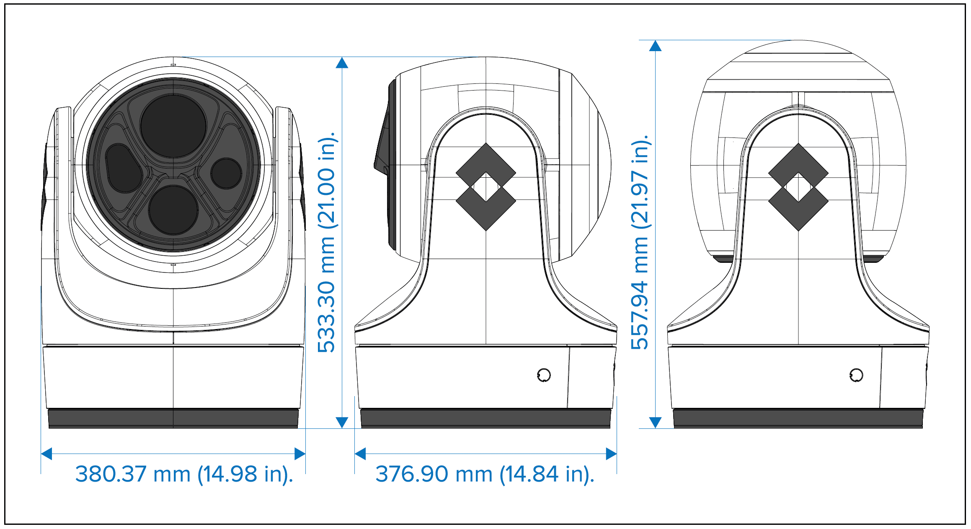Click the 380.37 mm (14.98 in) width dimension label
tap(184, 475)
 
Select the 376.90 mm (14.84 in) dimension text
tap(485, 475)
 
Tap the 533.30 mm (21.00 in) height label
tap(327, 242)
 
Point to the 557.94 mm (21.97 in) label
tap(640, 242)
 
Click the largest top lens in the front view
tap(173, 126)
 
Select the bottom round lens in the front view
tap(173, 210)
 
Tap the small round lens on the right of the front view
tap(226, 173)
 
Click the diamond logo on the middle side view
tap(485, 187)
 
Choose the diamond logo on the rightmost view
tap(798, 187)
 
